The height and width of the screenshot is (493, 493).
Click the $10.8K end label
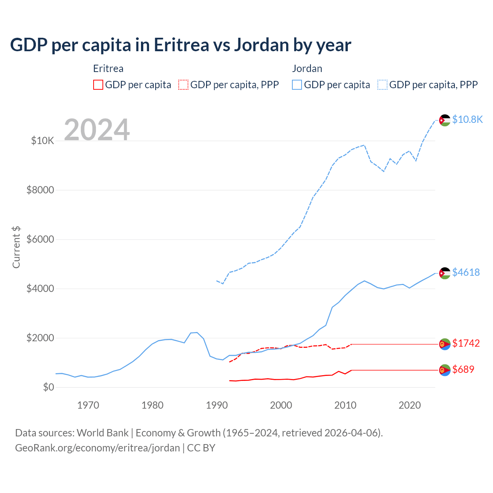tap(467, 119)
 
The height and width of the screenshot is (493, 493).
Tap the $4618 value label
tap(466, 272)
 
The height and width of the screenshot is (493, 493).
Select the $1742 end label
tap(466, 343)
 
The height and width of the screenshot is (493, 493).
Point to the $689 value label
tap(463, 369)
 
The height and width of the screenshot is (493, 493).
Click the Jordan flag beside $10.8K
tap(445, 120)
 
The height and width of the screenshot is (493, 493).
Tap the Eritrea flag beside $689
tap(445, 370)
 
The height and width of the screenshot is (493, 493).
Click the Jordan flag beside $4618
tap(445, 273)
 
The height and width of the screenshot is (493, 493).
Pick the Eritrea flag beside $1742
tap(445, 344)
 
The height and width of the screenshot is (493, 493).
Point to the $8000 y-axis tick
tap(40, 190)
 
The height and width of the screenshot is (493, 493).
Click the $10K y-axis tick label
tap(42, 141)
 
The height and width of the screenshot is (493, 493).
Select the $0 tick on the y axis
tap(48, 387)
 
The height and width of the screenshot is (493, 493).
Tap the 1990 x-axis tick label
tap(217, 405)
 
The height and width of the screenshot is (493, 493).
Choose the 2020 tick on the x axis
tap(409, 405)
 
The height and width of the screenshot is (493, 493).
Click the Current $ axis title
tap(16, 247)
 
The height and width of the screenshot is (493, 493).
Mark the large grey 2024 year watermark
tap(97, 130)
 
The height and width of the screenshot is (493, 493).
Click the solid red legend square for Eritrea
tap(98, 85)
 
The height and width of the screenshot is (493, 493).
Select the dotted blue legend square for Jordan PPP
tap(382, 85)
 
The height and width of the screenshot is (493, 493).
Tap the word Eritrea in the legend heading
tap(108, 69)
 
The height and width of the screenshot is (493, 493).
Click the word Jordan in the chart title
tap(261, 45)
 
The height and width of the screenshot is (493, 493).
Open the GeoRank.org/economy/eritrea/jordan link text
tap(97, 448)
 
